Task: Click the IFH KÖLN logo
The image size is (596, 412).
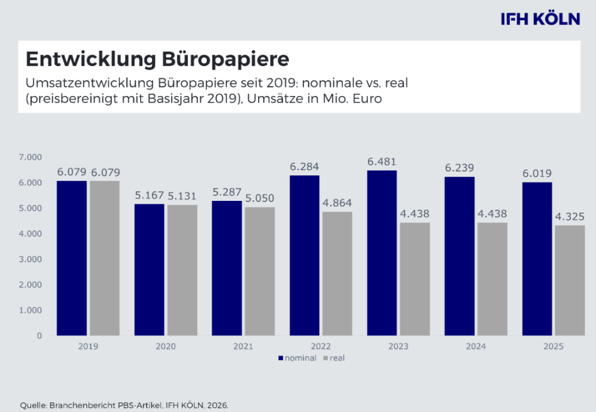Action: [540, 18]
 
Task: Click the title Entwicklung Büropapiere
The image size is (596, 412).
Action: [157, 60]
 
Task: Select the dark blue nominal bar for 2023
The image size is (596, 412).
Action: [382, 253]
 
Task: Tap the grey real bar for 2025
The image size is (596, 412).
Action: [570, 280]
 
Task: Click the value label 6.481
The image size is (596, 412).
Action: [382, 162]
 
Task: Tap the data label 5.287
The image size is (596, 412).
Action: [227, 193]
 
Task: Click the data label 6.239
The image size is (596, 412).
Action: [460, 168]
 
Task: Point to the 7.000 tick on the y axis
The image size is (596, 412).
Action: [30, 157]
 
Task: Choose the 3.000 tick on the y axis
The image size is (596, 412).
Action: [30, 259]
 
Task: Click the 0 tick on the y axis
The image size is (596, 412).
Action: [39, 336]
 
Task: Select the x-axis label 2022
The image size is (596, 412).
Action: [321, 346]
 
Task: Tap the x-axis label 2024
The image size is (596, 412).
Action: [476, 346]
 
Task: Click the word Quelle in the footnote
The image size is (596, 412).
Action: [33, 405]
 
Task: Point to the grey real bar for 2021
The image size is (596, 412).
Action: [260, 271]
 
